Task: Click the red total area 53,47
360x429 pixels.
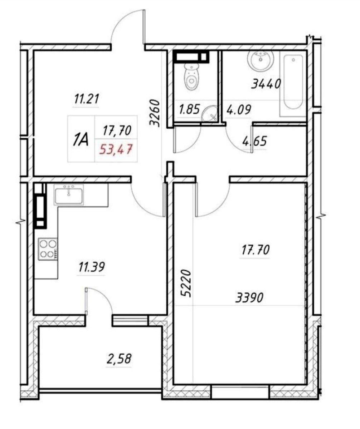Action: tap(116, 149)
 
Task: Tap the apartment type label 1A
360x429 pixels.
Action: tap(81, 139)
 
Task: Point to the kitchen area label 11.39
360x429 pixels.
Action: tap(92, 267)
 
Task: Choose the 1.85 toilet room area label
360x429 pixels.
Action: tap(189, 109)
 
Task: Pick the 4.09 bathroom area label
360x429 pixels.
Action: tap(239, 109)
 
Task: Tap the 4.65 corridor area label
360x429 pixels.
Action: tap(255, 141)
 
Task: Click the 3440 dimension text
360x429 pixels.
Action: tap(266, 84)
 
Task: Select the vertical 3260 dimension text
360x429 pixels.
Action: tap(155, 113)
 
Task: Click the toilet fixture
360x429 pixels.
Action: tap(192, 76)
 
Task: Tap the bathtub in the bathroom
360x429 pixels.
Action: tap(293, 83)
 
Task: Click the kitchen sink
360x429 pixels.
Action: tap(69, 194)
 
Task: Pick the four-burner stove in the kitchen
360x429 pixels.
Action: tap(48, 249)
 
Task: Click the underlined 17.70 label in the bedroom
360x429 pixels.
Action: tap(255, 250)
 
